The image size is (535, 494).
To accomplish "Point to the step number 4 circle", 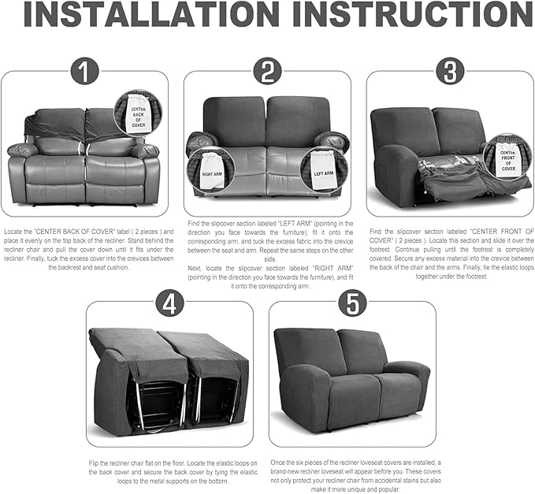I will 169,303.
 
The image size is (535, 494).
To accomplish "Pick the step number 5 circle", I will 352,303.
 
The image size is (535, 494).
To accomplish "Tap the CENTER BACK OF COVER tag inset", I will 136,114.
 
